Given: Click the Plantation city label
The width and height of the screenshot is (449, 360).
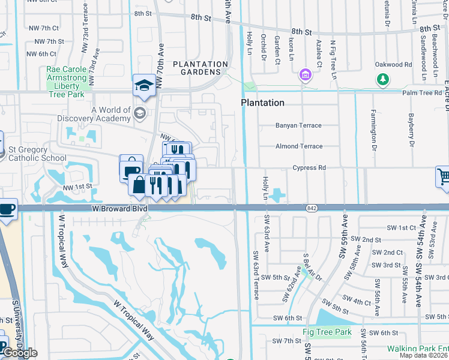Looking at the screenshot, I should (262, 103).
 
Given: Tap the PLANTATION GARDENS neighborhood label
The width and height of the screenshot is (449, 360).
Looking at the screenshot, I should (200, 68).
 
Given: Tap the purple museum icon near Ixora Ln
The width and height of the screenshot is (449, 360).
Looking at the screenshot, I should (306, 76).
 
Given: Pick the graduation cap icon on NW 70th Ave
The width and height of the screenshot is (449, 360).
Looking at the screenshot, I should (144, 86).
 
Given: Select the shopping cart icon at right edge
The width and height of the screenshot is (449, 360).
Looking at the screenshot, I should (443, 177).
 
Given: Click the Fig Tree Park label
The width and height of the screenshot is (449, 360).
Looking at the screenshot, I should (327, 332).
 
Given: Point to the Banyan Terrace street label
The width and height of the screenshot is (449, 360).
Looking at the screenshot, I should (298, 125).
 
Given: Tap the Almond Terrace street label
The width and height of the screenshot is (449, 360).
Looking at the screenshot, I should (298, 146).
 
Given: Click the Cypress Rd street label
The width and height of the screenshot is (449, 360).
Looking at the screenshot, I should (309, 168).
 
